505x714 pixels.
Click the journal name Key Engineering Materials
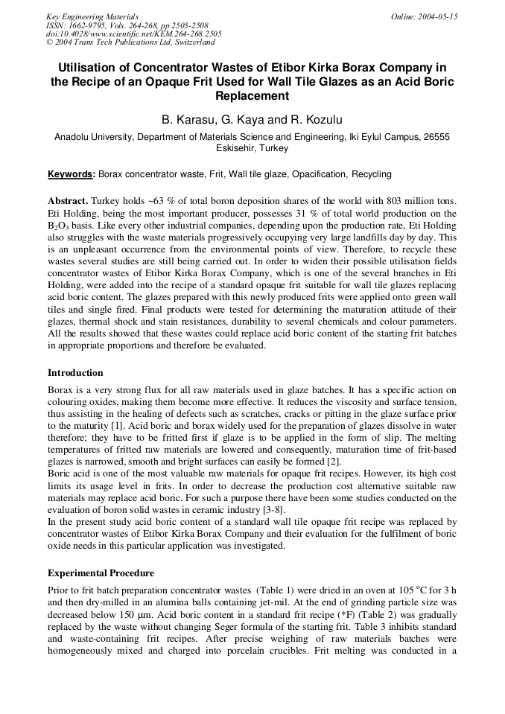point(92,16)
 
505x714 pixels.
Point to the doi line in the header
point(133,34)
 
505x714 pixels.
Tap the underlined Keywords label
point(71,174)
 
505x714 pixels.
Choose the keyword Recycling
point(371,174)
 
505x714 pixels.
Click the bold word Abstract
point(68,202)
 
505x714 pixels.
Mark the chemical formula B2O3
point(60,226)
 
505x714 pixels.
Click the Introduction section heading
point(75,372)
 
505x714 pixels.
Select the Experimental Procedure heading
point(101,573)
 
